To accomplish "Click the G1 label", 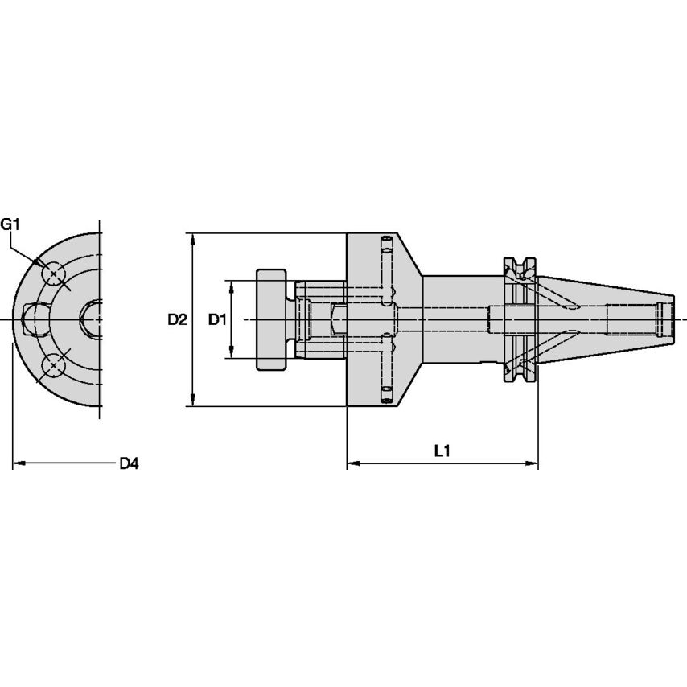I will [10, 224].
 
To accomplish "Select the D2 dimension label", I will [177, 320].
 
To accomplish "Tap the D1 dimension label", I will [216, 320].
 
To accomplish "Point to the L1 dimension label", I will [441, 452].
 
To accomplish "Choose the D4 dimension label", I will [129, 463].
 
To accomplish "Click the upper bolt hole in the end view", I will [53, 275].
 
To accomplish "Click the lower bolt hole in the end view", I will [53, 366].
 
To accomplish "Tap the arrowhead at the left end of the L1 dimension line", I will [352, 464].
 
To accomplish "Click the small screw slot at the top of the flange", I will [385, 243].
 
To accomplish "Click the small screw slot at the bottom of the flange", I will [385, 393].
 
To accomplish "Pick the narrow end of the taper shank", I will [667, 319].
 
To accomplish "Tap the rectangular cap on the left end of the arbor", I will [272, 319].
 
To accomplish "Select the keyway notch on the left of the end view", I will [33, 319].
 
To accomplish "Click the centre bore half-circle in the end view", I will [92, 319].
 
